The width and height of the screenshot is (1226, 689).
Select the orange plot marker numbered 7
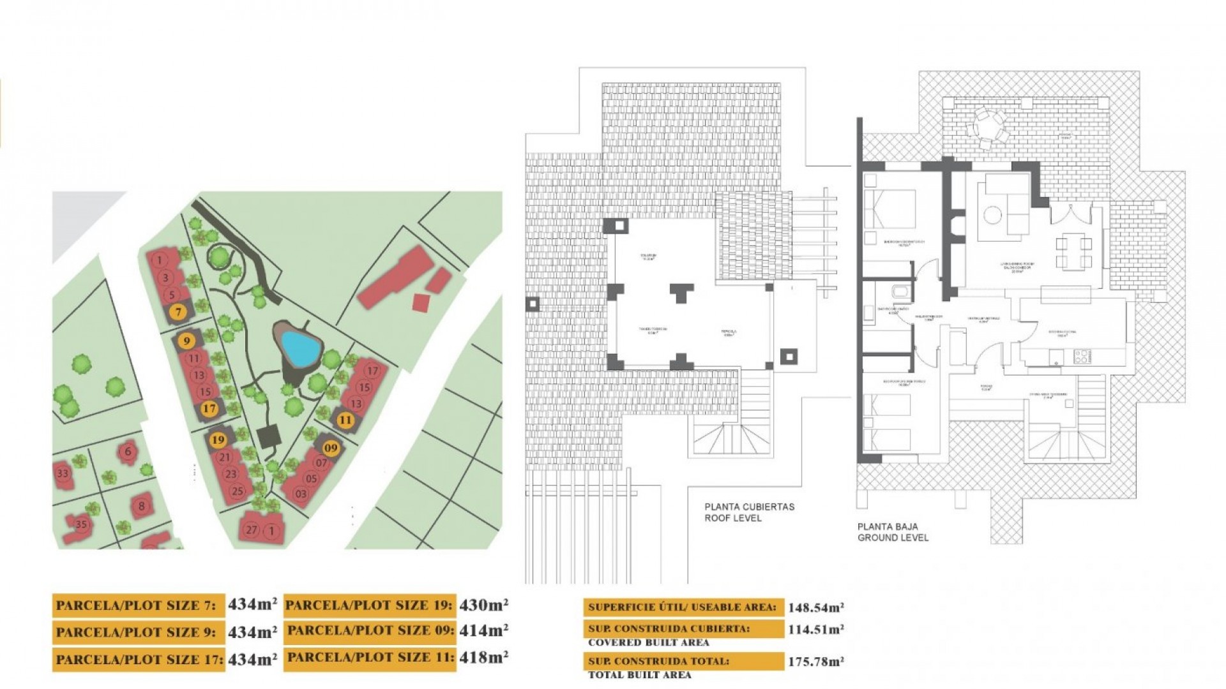click(178, 312)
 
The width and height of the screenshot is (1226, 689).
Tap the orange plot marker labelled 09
click(330, 448)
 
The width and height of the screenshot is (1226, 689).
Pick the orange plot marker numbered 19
click(218, 440)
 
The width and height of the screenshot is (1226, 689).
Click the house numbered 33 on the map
click(63, 473)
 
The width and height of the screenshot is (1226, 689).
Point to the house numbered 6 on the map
click(128, 452)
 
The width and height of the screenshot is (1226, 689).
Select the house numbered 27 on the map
click(252, 530)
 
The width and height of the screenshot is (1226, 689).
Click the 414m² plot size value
click(484, 630)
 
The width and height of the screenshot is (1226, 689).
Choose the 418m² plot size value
click(484, 657)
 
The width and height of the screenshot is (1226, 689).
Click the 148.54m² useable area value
click(815, 607)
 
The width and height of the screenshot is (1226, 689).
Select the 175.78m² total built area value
click(815, 662)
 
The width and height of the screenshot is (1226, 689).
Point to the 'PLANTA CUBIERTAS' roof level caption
click(750, 507)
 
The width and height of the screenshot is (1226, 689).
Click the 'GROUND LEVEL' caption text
click(893, 538)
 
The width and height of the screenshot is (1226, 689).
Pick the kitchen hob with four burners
click(1082, 356)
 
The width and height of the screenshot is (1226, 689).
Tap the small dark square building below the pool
click(270, 437)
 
